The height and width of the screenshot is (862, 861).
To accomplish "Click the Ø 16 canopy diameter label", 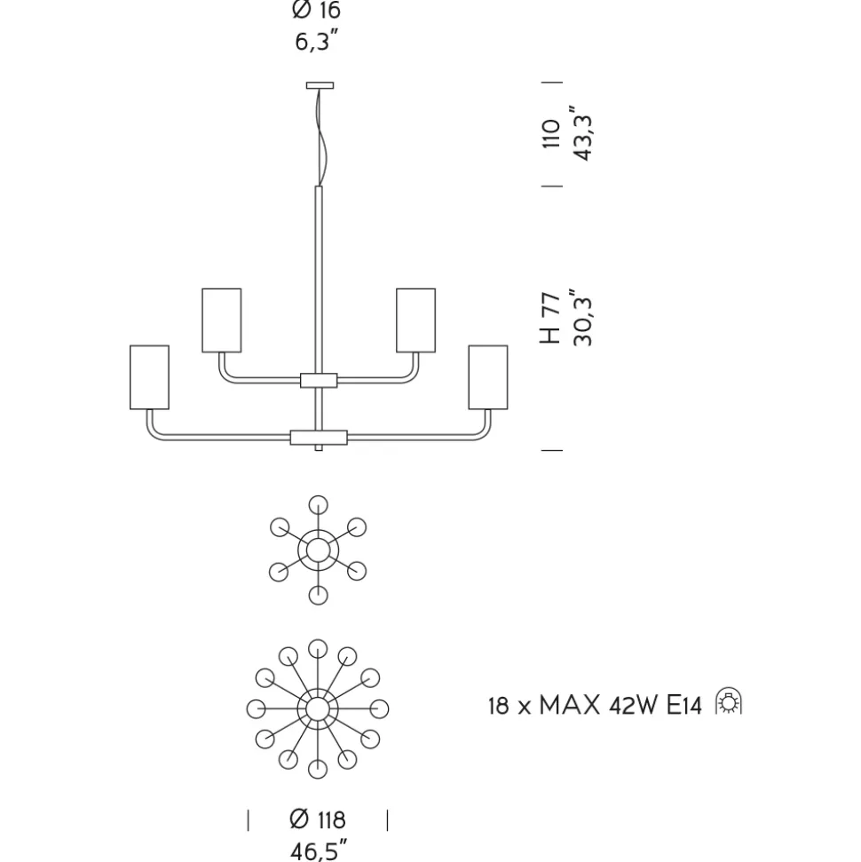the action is coord(316,10).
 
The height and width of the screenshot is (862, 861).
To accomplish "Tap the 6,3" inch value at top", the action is coord(316,41).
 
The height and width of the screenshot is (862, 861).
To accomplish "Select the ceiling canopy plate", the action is coord(320,85).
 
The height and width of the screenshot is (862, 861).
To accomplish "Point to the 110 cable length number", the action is coord(551,133).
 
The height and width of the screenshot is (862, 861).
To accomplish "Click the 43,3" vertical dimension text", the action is coord(583,133).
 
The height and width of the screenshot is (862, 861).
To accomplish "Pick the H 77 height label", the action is coord(551,319).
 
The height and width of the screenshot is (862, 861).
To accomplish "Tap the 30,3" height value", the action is coord(583,317).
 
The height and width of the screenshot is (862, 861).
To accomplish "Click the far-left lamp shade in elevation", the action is coord(149,377).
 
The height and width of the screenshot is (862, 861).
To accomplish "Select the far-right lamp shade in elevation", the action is coord(488,377).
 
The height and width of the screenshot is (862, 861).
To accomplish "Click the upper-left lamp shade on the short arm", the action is coord(222,320).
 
